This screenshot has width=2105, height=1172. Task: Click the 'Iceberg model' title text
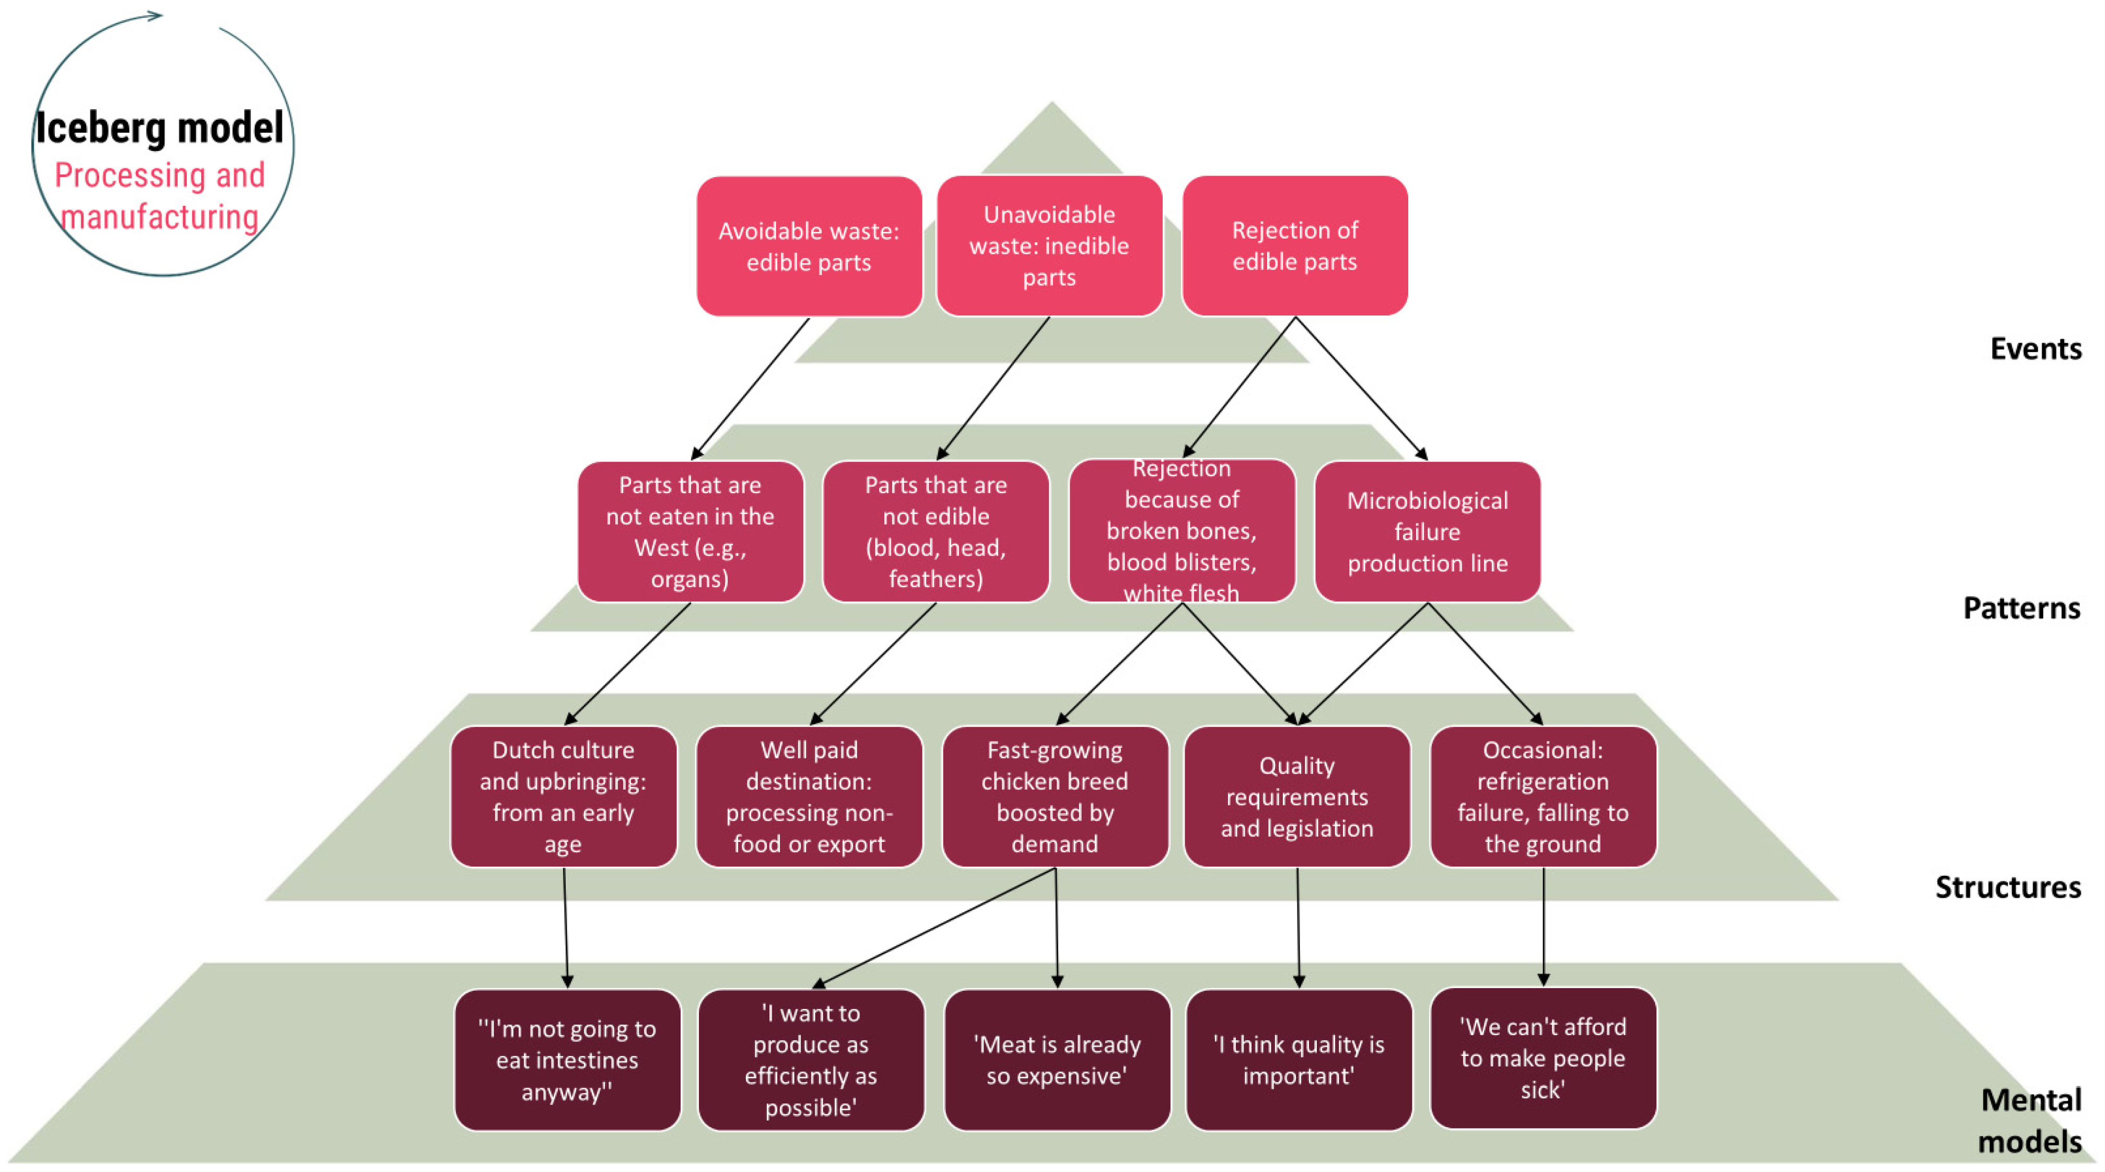pos(159,128)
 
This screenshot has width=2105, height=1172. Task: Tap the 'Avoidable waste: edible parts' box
pos(809,246)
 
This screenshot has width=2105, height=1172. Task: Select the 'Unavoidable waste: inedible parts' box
pos(1049,246)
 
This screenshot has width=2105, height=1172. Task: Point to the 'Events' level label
pos(2034,349)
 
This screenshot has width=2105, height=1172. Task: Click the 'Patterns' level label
pos(2021,608)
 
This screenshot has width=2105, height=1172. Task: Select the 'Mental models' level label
pos(2030,1120)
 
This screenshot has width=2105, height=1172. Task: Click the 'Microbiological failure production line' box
pos(1427,532)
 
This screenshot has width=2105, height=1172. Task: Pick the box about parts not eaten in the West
pos(691,532)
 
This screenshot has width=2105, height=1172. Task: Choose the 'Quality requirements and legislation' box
pos(1297,797)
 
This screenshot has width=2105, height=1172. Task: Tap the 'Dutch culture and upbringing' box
pos(563,797)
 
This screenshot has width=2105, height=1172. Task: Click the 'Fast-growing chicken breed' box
pos(1055,797)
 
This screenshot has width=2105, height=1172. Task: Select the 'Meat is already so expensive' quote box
pos(1057,1060)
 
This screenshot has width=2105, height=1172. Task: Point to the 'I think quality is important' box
pos(1299,1060)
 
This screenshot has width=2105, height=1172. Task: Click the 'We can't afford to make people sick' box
pos(1543,1058)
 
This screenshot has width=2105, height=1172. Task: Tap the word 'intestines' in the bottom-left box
pos(567,1060)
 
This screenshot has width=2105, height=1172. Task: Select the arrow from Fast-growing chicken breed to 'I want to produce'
pos(935,928)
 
